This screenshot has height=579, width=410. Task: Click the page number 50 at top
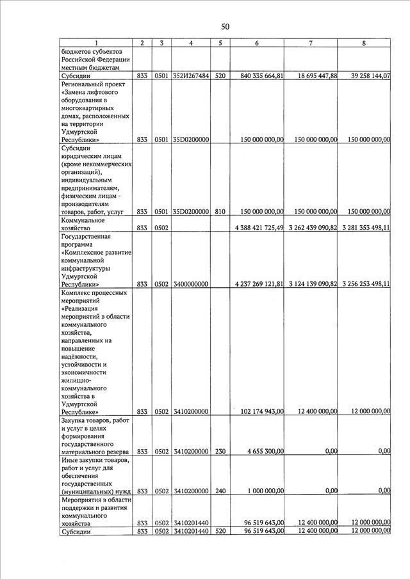(224, 27)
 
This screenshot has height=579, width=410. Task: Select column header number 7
(311, 43)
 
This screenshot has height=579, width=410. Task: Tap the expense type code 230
(220, 452)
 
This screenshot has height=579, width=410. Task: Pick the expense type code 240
(220, 491)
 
